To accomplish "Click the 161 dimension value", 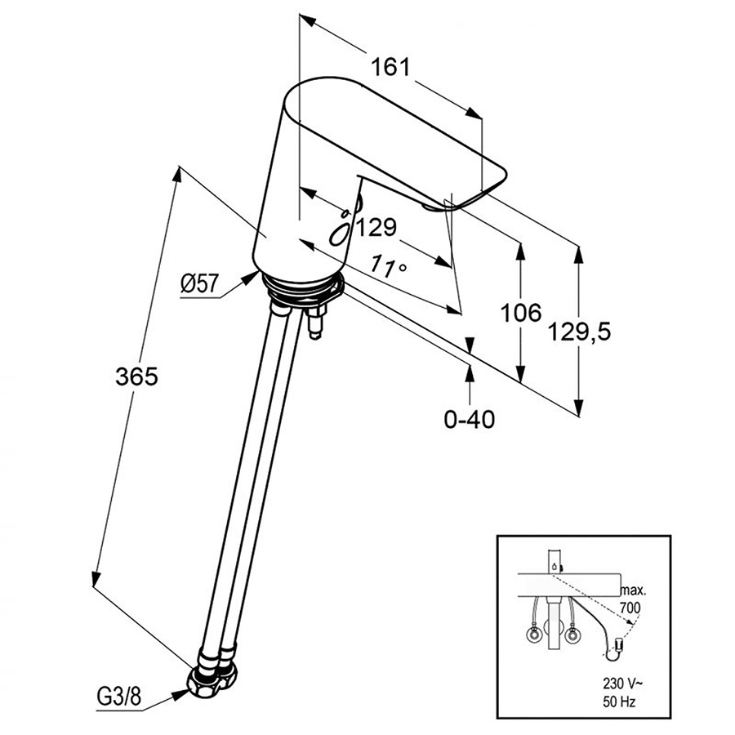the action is [x=390, y=68].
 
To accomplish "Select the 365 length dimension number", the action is [x=137, y=376].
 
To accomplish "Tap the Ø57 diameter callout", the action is [x=200, y=283].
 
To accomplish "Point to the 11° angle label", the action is [x=388, y=265].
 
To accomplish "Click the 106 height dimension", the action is [x=521, y=313].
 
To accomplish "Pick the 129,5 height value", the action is [x=579, y=332].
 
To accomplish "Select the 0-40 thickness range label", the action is [x=470, y=420].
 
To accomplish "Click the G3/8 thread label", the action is [x=118, y=698].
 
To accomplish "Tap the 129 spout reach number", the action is [x=376, y=228].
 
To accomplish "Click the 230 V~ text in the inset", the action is [x=622, y=684].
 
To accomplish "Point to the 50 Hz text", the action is [x=619, y=702].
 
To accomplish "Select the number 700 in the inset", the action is [x=630, y=608].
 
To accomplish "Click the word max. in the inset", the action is [x=633, y=590].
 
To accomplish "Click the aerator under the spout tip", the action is [x=432, y=206].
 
